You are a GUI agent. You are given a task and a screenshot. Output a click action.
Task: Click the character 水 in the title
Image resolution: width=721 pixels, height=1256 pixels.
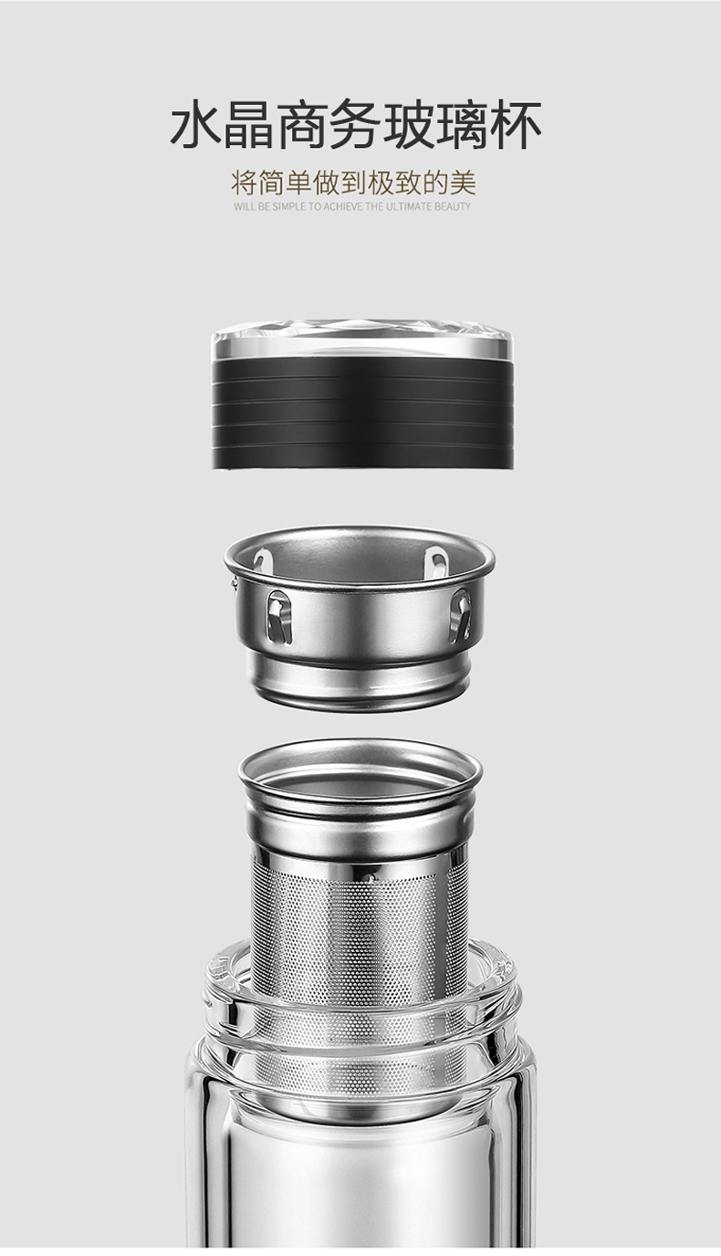[195, 124]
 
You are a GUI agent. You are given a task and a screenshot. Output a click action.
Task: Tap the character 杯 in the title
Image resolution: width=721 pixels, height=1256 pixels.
[516, 124]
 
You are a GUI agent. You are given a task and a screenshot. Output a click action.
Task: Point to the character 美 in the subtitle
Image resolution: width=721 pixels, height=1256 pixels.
[463, 183]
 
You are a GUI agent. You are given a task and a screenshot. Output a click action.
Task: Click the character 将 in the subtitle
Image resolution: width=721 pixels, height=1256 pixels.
[244, 183]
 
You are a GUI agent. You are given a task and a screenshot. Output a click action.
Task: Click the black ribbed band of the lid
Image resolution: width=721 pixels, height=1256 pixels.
[362, 413]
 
